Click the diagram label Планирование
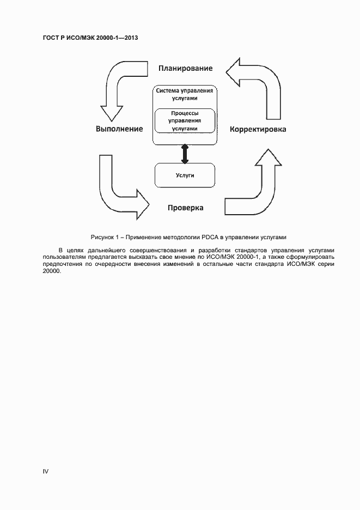[x=185, y=68]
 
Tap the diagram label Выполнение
[x=119, y=129]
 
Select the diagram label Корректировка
[x=258, y=129]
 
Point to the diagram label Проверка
[x=186, y=208]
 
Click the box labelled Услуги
[x=185, y=175]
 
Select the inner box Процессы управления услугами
[x=185, y=120]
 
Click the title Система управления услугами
[x=185, y=94]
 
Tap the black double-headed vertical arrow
[x=185, y=154]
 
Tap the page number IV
[x=46, y=471]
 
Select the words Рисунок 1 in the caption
[x=105, y=237]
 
